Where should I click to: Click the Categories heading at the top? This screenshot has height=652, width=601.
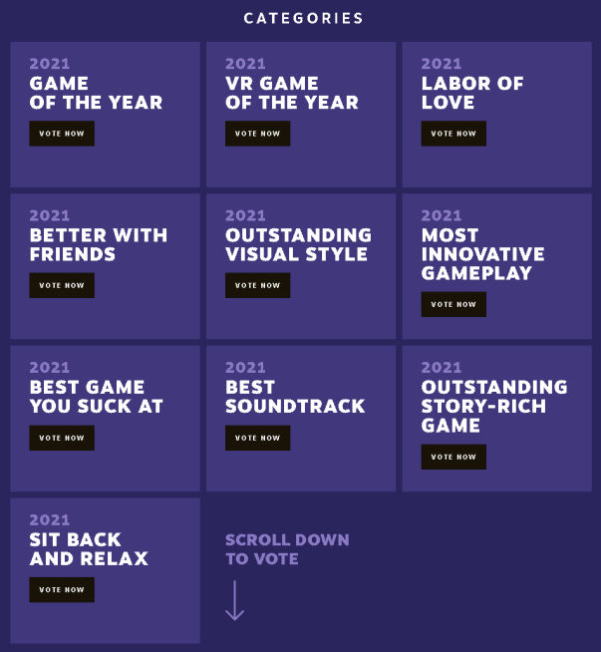(303, 18)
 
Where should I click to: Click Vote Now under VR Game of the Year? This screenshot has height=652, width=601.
(257, 134)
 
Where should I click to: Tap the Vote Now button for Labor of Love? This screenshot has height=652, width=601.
(453, 134)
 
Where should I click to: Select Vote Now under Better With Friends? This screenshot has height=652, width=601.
(62, 285)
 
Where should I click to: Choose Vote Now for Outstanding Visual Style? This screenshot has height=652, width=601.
(257, 285)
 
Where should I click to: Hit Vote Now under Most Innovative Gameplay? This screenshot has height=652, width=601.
(453, 304)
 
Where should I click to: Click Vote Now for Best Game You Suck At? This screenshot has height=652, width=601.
(62, 438)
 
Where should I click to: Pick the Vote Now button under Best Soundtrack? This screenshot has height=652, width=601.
(257, 438)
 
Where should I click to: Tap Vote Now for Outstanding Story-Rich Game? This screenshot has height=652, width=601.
(453, 457)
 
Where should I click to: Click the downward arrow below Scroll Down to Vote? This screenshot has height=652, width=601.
(234, 600)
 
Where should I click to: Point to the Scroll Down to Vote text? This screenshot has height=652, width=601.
(287, 549)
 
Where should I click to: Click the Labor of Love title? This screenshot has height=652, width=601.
(471, 93)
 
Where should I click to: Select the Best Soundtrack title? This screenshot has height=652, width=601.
(295, 397)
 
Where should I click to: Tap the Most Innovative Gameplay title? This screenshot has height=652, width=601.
(482, 254)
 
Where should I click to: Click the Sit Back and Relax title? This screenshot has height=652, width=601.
(89, 549)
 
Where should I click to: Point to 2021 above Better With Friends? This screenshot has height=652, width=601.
(50, 215)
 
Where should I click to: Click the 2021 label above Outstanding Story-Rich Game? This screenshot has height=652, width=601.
(442, 368)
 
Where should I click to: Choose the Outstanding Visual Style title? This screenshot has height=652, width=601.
(298, 244)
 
